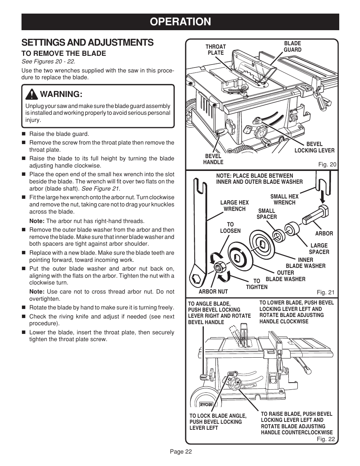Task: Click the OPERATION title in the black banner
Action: tap(180, 22)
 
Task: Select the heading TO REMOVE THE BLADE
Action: tap(64, 54)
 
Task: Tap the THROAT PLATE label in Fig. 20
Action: tap(215, 50)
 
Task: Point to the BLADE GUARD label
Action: tap(292, 47)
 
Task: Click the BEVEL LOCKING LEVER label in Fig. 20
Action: tap(314, 147)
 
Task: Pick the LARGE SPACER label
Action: tap(319, 249)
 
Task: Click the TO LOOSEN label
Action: tap(230, 228)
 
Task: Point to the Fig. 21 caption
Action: tap(325, 292)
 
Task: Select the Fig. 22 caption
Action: tap(325, 439)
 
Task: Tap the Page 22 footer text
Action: tap(180, 452)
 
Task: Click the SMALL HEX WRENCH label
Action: tap(284, 200)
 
